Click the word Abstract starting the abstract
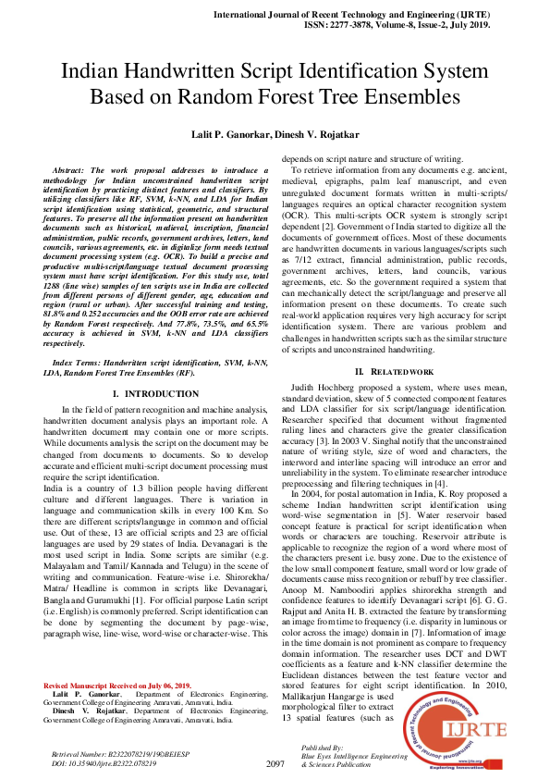[x=70, y=170]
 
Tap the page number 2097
[x=275, y=763]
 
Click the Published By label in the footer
[x=323, y=746]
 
